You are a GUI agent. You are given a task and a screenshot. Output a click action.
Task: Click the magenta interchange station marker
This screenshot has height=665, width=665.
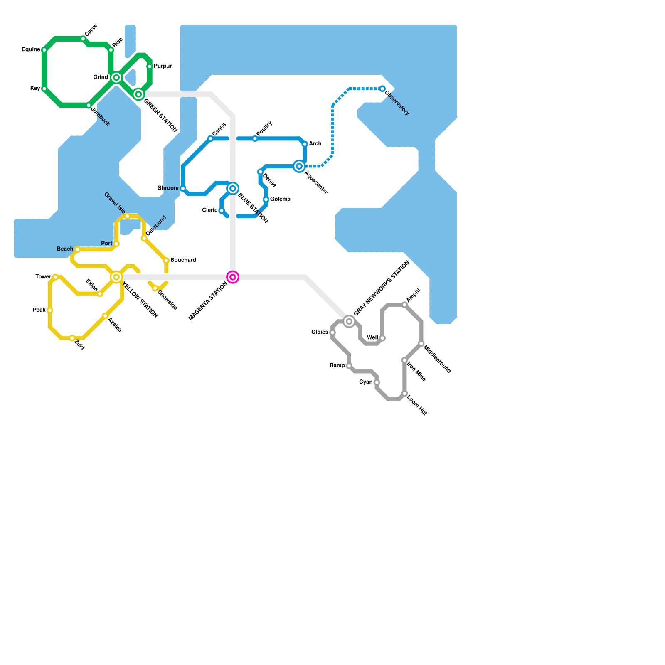[233, 277]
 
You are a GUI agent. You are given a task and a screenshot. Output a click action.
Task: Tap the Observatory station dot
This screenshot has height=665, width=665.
[382, 89]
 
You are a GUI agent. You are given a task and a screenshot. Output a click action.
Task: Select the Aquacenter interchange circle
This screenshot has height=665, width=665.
[299, 166]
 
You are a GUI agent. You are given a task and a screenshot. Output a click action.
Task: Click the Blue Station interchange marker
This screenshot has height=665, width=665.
[233, 189]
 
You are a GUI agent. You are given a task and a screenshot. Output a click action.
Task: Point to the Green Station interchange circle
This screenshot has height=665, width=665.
[139, 94]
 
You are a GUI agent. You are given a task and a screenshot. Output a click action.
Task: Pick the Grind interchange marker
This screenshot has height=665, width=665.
[116, 78]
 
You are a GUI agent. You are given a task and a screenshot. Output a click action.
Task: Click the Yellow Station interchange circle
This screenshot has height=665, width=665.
[116, 277]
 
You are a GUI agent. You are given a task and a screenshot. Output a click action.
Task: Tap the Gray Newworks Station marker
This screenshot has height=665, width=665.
[349, 322]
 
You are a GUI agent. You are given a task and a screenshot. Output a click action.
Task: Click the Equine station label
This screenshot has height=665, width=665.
[31, 50]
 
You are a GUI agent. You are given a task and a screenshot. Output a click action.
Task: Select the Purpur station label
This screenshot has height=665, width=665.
[163, 66]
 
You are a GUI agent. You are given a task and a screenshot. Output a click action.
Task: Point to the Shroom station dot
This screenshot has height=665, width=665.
[183, 189]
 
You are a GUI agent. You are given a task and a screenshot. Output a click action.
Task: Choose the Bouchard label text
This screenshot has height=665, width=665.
[183, 260]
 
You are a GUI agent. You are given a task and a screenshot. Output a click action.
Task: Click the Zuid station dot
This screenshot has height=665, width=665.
[72, 338]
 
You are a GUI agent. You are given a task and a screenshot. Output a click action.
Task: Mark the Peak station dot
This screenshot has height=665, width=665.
[50, 310]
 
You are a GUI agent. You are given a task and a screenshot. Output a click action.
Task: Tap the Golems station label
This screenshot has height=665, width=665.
[280, 199]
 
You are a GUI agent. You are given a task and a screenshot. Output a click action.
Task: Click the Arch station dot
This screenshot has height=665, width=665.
[305, 144]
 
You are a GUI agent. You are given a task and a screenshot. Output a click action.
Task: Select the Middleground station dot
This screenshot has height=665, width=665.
[421, 344]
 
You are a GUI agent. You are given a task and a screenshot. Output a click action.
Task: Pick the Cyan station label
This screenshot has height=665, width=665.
[366, 382]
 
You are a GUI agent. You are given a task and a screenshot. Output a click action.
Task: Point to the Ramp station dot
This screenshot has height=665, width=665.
[349, 366]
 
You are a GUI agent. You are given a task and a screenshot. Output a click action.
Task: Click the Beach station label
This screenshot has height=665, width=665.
[65, 249]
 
